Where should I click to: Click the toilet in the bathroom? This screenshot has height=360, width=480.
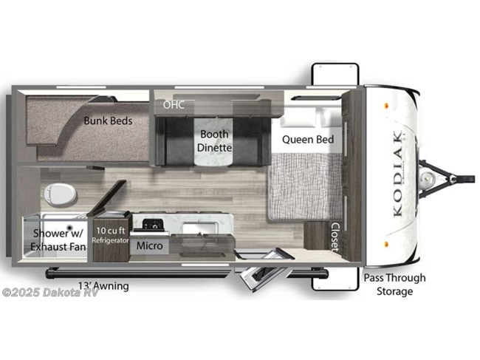[x=60, y=194]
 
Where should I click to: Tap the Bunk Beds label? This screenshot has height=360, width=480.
[x=108, y=120]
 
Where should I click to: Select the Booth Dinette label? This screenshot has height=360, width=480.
[x=214, y=141]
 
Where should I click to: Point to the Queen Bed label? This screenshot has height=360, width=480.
[x=308, y=140]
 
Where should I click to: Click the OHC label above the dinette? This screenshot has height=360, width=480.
[x=174, y=105]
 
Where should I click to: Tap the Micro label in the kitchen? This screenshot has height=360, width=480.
[x=149, y=245]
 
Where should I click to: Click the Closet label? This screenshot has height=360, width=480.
[x=335, y=237]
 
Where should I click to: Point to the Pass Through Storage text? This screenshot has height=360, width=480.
[x=394, y=285]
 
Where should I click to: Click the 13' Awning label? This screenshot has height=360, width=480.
[x=103, y=286]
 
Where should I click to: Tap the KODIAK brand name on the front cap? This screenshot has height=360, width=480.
[x=398, y=174]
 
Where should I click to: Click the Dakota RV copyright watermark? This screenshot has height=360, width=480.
[x=50, y=293]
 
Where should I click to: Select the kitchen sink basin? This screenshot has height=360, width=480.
[x=201, y=228]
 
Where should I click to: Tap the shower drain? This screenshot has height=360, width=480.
[x=70, y=228]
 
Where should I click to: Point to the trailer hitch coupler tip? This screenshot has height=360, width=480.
[x=470, y=179]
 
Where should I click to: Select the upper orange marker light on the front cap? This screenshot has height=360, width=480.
[x=386, y=106]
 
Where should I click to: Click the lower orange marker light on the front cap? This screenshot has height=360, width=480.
[x=386, y=245]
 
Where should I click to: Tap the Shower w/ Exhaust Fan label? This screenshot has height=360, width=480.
[x=58, y=240]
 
